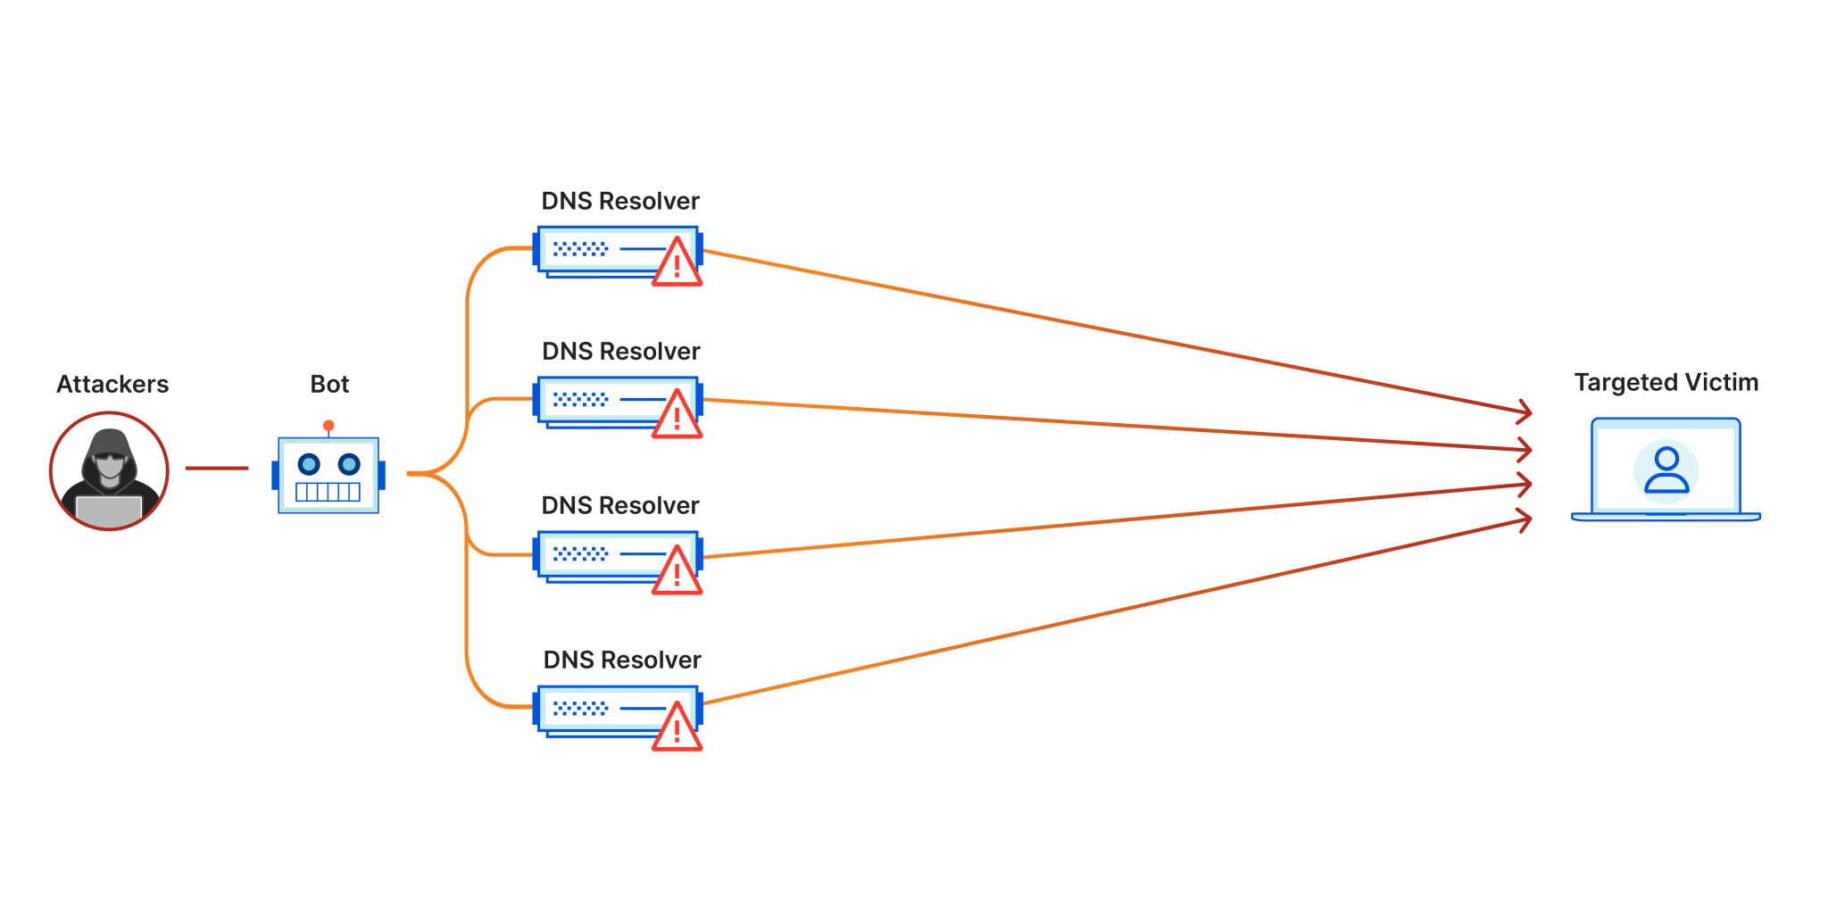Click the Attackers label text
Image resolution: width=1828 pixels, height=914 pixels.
point(112,385)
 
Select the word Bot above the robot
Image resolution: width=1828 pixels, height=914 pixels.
point(329,385)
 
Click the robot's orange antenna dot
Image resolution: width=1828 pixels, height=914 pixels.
point(328,426)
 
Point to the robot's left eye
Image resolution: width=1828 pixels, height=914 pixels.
point(309,464)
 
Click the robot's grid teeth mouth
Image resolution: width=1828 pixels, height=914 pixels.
point(328,492)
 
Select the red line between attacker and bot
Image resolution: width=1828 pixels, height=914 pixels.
point(217,468)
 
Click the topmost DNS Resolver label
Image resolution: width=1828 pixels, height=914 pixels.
point(620,202)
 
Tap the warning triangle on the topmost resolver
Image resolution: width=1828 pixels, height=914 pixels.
point(677,264)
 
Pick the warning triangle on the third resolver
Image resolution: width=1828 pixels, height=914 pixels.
point(677,572)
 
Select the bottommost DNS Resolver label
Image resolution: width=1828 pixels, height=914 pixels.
point(622,661)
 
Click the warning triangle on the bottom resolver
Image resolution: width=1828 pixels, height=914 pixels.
point(677,729)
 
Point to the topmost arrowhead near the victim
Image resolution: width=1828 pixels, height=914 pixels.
point(1525,411)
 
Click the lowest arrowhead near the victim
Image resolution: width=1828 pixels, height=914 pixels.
point(1525,519)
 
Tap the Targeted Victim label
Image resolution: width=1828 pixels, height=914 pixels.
point(1666,383)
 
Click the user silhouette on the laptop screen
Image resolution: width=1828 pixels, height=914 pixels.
point(1666,471)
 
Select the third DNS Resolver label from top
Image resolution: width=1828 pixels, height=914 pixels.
point(620,506)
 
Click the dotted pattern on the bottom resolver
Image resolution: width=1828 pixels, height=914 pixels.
point(580,709)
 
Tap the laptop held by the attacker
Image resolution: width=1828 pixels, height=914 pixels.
point(109,510)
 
